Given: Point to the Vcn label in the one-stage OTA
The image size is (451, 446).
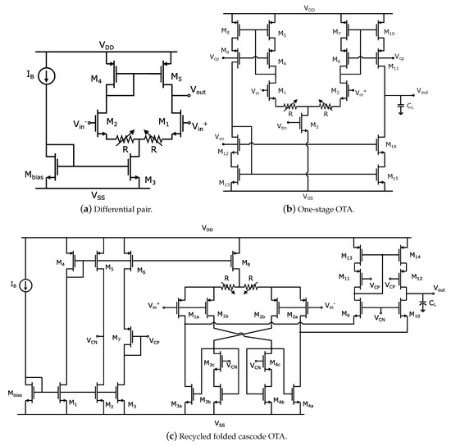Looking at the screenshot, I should [x=219, y=137].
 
